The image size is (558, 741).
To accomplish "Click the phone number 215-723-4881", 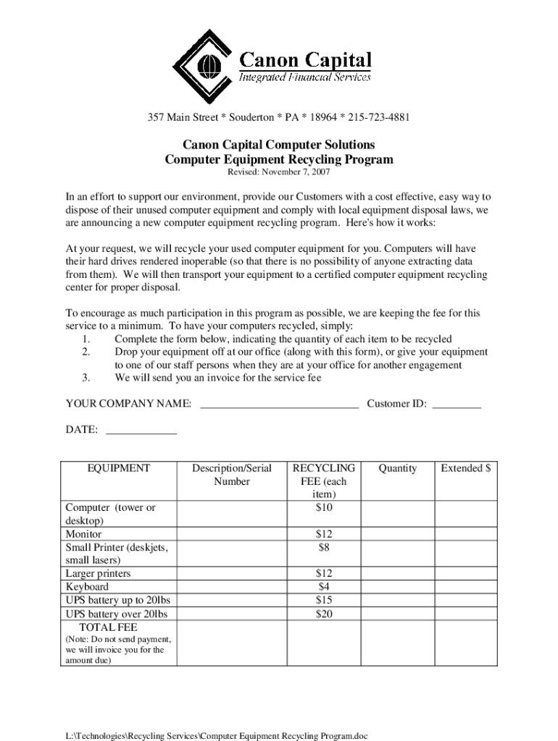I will click(x=380, y=118).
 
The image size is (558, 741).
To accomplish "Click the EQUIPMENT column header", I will click(x=119, y=468).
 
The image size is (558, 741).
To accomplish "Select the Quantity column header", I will click(x=397, y=468).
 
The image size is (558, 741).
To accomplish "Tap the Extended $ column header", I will click(x=466, y=468).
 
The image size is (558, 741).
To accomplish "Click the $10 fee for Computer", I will click(x=324, y=507).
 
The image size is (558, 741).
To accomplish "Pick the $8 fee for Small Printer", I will click(x=324, y=547).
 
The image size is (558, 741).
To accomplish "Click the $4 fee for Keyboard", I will click(x=324, y=587).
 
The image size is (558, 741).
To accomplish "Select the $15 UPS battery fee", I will click(x=324, y=600).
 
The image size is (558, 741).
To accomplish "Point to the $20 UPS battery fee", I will click(x=324, y=614).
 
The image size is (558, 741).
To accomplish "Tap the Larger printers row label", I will click(x=99, y=574).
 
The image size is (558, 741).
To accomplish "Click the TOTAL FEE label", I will click(x=108, y=627).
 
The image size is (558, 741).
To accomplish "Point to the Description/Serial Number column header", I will click(x=232, y=475).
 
